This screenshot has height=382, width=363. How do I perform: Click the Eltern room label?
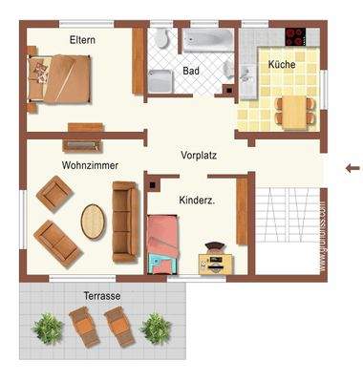(83, 40)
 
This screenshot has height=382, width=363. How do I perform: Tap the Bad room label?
(190, 70)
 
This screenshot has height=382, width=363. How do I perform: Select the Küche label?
(282, 64)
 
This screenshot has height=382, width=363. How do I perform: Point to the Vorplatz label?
(201, 154)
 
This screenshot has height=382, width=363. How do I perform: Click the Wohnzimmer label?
(90, 165)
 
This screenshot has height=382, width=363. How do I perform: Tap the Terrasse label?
(101, 296)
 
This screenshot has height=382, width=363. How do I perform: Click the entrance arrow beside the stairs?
(352, 169)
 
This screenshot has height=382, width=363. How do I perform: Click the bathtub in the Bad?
(207, 41)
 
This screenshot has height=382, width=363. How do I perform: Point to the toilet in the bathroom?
(160, 40)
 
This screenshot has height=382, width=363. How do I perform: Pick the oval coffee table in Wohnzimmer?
(93, 222)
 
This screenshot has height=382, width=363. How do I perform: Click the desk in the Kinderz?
(214, 258)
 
